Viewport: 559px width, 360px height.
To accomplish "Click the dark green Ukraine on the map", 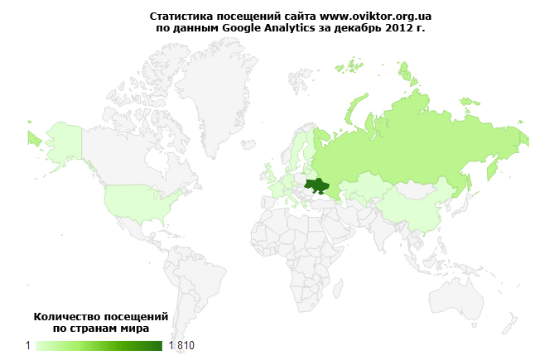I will coord(316,185).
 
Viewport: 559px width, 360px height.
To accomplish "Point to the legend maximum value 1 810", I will coord(181,345).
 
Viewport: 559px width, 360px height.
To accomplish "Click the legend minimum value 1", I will coord(28,345).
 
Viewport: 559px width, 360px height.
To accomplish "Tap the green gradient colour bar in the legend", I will coord(99,345).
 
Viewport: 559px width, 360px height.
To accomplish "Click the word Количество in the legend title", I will coord(66,317).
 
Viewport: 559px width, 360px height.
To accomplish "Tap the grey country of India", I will coord(383,232).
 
